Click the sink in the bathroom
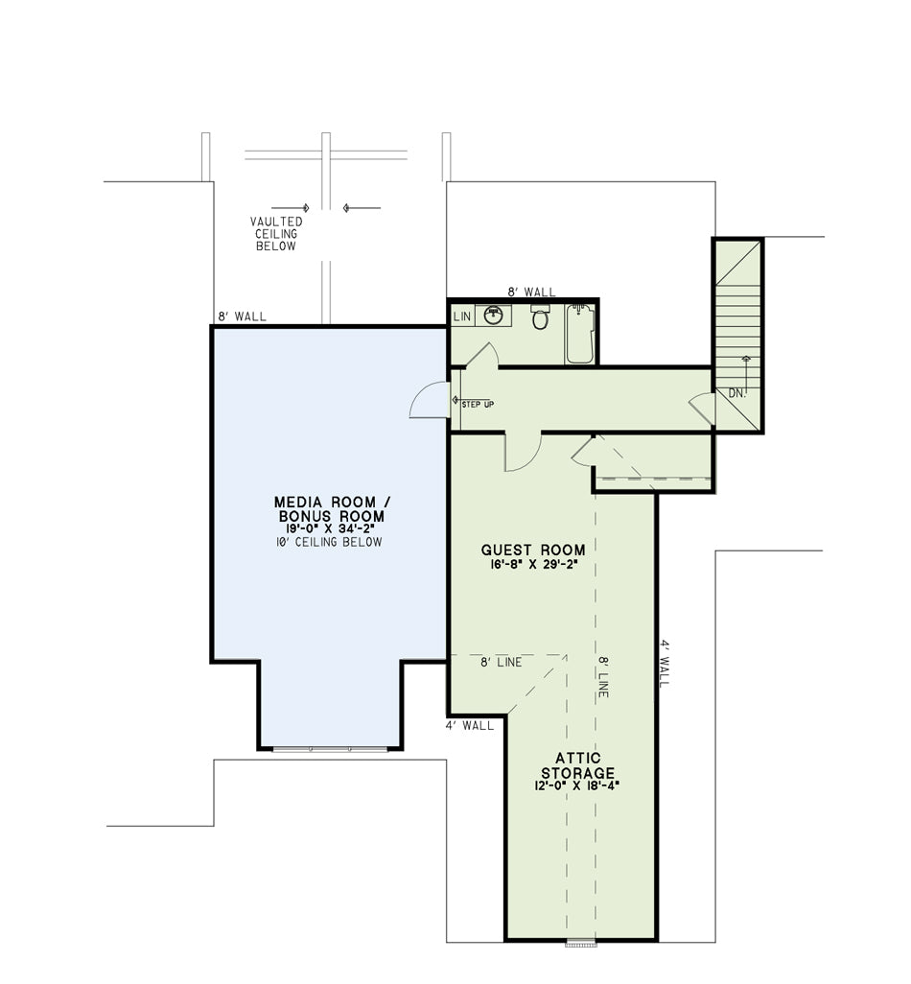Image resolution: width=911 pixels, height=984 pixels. pos(494,315)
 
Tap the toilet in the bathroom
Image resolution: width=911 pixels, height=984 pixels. pos(540,317)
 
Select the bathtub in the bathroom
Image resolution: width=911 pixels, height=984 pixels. pos(580,334)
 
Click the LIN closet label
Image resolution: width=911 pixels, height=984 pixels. pos(462,316)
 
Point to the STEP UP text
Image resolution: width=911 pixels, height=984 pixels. pos(478,404)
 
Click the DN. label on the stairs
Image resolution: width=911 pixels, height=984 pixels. pos(737,393)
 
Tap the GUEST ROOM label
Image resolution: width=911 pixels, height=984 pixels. pos(532,550)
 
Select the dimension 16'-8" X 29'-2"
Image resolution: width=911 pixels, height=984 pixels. pos(533,565)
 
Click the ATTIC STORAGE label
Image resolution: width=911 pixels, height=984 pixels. pos(578,765)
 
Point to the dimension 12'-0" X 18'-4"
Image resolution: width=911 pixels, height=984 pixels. pos(577,785)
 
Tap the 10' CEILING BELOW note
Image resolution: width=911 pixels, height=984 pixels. pos(329,542)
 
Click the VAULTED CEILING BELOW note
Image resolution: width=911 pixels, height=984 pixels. pos(276,233)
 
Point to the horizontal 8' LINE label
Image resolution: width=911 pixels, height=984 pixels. pos(502,662)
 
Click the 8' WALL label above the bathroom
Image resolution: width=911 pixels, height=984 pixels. pos(531,292)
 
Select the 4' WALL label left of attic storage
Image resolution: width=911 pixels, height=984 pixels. pos(469,725)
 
